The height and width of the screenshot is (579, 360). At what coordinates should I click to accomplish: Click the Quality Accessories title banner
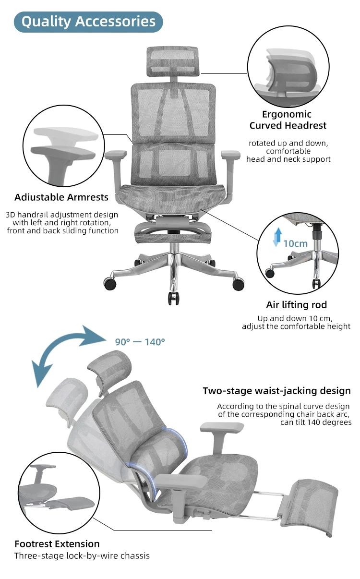[x=88, y=22]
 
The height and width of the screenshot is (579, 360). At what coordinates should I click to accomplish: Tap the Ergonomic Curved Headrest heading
[x=288, y=120]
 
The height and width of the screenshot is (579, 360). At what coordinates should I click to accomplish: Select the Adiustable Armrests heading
[x=61, y=197]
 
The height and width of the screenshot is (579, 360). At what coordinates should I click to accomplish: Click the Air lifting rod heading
[x=296, y=305]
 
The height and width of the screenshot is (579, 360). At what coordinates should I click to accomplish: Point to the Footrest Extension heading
[x=57, y=544]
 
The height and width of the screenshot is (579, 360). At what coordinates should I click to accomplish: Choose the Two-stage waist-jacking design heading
[x=276, y=391]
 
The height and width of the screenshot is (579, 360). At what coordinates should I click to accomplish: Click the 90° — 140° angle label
[x=140, y=342]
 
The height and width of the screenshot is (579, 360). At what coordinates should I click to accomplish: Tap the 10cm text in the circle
[x=295, y=243]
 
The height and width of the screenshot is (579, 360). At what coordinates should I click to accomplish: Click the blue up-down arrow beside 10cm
[x=276, y=238]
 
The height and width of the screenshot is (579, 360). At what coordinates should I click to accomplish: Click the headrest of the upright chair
[x=172, y=61]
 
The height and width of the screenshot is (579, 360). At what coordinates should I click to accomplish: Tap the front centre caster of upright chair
[x=173, y=297]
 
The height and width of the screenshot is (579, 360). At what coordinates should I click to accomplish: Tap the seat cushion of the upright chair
[x=172, y=197]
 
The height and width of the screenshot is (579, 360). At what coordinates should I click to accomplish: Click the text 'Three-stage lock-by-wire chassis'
[x=82, y=556]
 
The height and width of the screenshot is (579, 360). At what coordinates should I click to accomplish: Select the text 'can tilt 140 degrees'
[x=316, y=422]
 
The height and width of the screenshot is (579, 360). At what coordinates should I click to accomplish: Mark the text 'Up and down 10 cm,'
[x=295, y=318]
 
